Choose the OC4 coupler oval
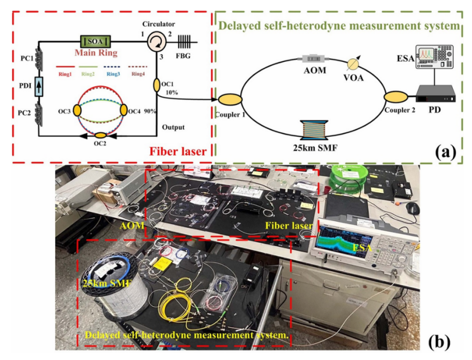tap(124, 110)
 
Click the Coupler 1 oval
tap(229, 99)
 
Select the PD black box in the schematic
tap(436, 94)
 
